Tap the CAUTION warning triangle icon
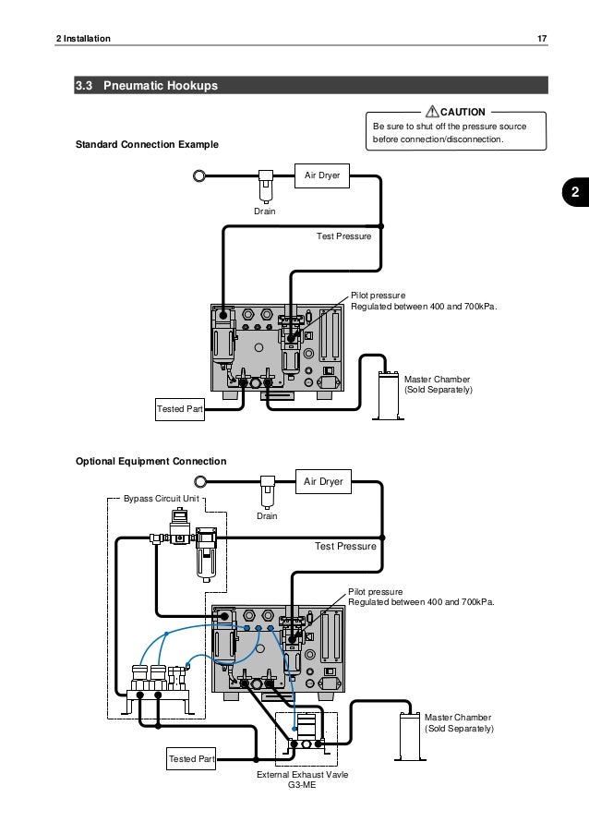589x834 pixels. coord(430,112)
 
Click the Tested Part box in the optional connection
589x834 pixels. coord(192,759)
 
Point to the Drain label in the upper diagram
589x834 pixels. coord(266,212)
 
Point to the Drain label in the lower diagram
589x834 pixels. coord(267,515)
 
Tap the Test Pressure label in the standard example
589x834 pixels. coord(343,237)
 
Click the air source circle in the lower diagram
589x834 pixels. coord(200,480)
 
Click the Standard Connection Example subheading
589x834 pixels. coord(147,145)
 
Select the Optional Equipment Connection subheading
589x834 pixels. coord(150,460)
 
